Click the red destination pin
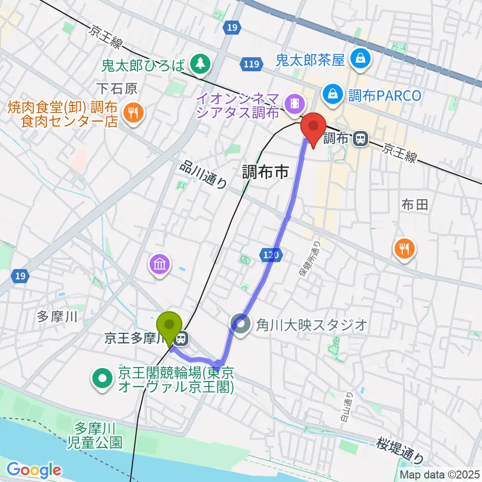[x=313, y=128]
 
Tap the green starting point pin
[x=170, y=326]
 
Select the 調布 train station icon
[x=359, y=140]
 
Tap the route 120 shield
[x=269, y=256]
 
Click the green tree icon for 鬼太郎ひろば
[x=201, y=63]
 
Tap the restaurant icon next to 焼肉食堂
[x=133, y=113]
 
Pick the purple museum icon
[x=160, y=265]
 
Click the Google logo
[x=34, y=470]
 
